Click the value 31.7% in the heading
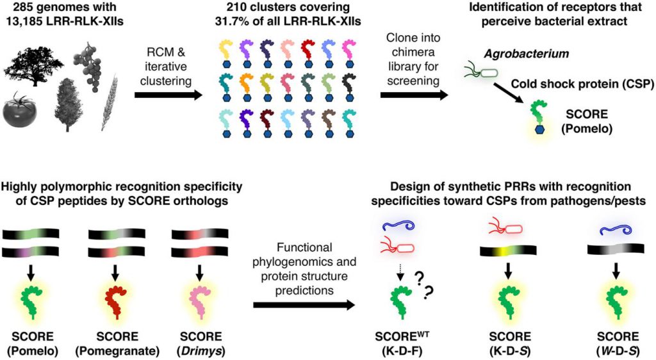[x=238, y=24]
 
